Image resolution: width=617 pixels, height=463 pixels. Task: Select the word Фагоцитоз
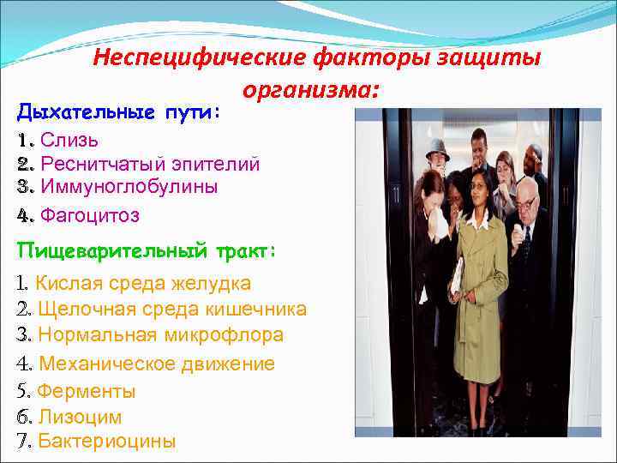coord(90,215)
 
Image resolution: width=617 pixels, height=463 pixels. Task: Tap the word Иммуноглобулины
coord(129,186)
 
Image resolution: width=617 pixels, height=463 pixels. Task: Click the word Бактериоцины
coord(107,442)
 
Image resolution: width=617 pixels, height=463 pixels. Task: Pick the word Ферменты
coord(86,392)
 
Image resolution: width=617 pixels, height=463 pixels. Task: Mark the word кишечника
coord(257,310)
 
